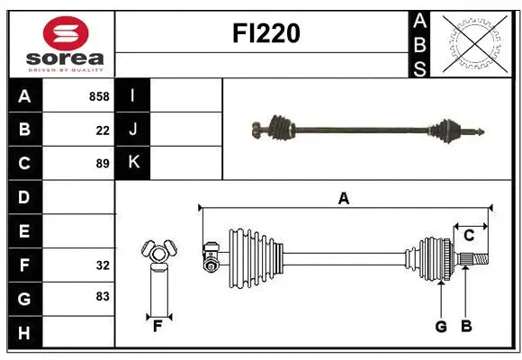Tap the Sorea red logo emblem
66,33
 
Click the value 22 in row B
103,130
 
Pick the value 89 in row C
103,164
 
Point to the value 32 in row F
103,265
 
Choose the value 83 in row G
103,295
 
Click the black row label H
24,333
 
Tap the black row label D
24,197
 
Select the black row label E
24,231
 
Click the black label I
134,96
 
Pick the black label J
134,130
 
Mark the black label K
134,163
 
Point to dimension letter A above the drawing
343,199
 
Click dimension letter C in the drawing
469,236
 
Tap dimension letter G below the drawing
441,327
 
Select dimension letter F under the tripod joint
157,327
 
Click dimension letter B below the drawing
466,327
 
